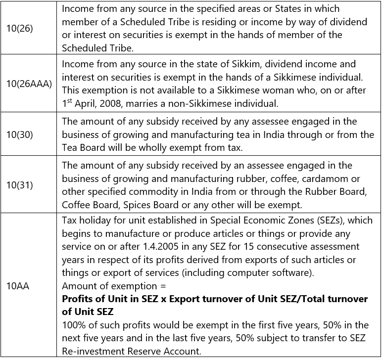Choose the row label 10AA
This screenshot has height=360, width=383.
pyautogui.click(x=18, y=286)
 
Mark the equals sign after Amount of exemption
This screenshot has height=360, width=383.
pyautogui.click(x=159, y=286)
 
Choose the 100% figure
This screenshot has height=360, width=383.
pyautogui.click(x=74, y=325)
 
